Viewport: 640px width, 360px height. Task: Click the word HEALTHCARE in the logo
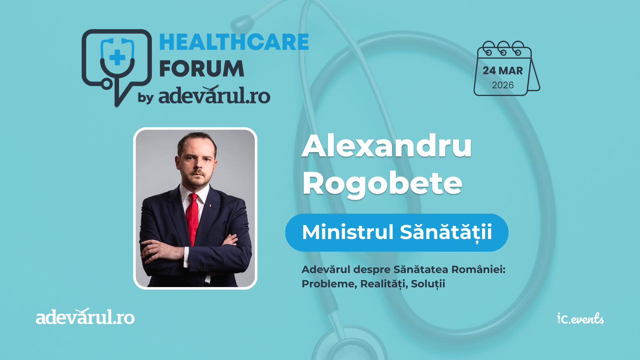pyautogui.click(x=234, y=42)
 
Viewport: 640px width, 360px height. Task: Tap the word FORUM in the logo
pyautogui.click(x=202, y=68)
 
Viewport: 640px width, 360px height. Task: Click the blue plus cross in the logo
pyautogui.click(x=117, y=57)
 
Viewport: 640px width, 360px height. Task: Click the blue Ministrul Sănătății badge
pyautogui.click(x=397, y=232)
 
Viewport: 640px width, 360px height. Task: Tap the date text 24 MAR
pyautogui.click(x=503, y=71)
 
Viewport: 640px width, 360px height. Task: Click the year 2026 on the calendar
pyautogui.click(x=503, y=85)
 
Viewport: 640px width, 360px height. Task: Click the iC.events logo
pyautogui.click(x=580, y=319)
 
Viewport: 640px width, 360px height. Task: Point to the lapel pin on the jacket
pyautogui.click(x=210, y=205)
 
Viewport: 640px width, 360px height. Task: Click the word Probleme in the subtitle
pyautogui.click(x=329, y=284)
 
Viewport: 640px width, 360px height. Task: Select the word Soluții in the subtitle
pyautogui.click(x=428, y=284)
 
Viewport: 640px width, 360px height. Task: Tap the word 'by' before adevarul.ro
pyautogui.click(x=146, y=98)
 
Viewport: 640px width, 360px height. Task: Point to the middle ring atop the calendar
pyautogui.click(x=503, y=48)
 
